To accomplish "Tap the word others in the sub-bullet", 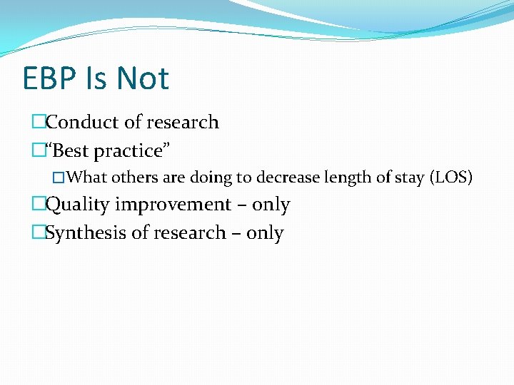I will click(x=135, y=177).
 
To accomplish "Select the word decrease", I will click(x=286, y=177).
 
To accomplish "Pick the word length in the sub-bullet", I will click(x=346, y=178).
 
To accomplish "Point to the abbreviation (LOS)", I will click(x=451, y=177).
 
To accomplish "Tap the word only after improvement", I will click(x=271, y=205).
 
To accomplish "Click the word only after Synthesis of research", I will click(x=265, y=234).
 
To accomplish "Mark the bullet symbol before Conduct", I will click(x=39, y=123).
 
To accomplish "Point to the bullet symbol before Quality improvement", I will click(x=39, y=205).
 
